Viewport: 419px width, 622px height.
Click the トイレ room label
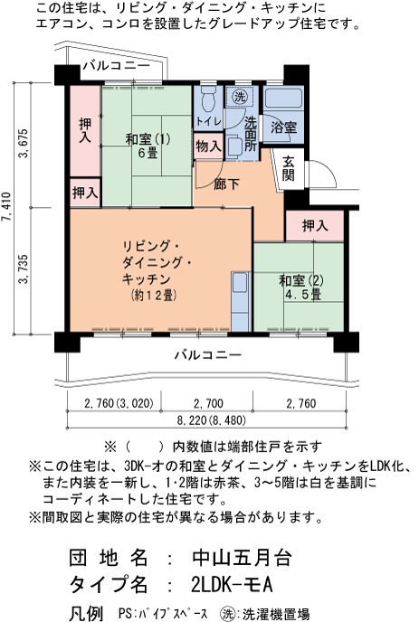pyautogui.click(x=208, y=121)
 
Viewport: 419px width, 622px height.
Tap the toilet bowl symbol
pyautogui.click(x=207, y=99)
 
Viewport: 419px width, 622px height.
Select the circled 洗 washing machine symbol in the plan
pyautogui.click(x=240, y=96)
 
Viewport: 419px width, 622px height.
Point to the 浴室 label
pyautogui.click(x=283, y=127)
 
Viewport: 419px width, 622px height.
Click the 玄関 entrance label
pyautogui.click(x=289, y=168)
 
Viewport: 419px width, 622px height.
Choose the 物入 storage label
pyautogui.click(x=208, y=146)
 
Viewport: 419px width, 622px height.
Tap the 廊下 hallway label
pyautogui.click(x=226, y=184)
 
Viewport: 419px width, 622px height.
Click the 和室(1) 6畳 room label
pyautogui.click(x=148, y=146)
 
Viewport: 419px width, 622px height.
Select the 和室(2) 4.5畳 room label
pyautogui.click(x=301, y=287)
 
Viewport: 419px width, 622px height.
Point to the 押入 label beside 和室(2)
pyautogui.click(x=315, y=226)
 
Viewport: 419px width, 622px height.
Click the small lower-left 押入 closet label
pyautogui.click(x=85, y=193)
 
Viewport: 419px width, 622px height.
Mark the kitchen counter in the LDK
pyautogui.click(x=241, y=301)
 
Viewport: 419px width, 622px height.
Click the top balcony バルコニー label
pyautogui.click(x=117, y=65)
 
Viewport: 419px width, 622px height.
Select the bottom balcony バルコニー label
pyautogui.click(x=208, y=354)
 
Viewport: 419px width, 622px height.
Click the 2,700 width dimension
pyautogui.click(x=208, y=404)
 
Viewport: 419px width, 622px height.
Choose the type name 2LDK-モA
pyautogui.click(x=232, y=584)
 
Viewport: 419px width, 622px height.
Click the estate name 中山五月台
pyautogui.click(x=242, y=557)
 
